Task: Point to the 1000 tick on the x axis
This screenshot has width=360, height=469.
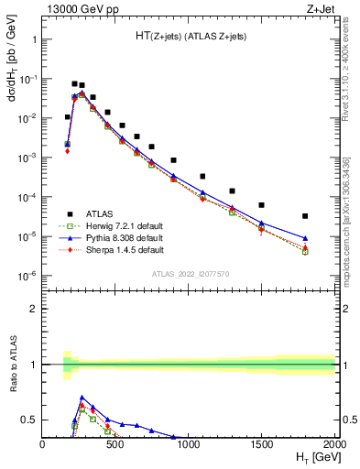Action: [189, 443]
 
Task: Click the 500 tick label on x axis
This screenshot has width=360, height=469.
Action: [115, 443]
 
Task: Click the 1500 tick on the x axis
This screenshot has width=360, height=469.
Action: [262, 443]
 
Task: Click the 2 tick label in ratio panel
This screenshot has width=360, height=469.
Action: [34, 309]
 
